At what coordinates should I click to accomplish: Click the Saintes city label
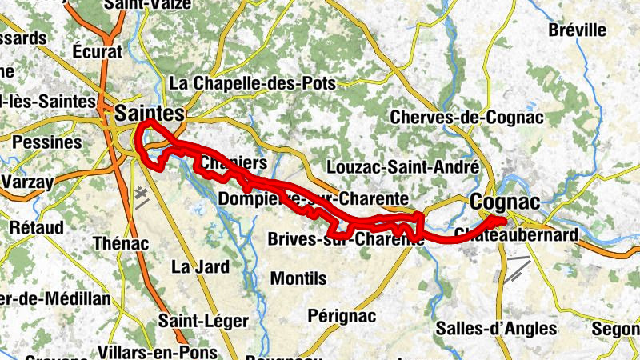pos(149,112)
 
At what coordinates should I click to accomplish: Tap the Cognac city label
pos(505,201)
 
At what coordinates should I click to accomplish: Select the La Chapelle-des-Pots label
pos(253,83)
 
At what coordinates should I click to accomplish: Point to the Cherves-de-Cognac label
pos(466,117)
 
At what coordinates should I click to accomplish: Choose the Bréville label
pos(578,30)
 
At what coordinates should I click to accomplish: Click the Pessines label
pos(48,142)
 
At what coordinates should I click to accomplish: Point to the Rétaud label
pos(36,227)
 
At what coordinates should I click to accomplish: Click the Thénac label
pos(121,243)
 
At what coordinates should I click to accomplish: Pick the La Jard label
pos(200,266)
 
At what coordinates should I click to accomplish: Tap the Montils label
pos(298,278)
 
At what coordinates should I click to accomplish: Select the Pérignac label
pos(342,316)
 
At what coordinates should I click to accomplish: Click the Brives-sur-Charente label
pos(345,239)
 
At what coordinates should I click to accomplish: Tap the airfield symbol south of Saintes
pos(141,197)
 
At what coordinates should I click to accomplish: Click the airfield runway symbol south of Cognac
pos(518,268)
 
